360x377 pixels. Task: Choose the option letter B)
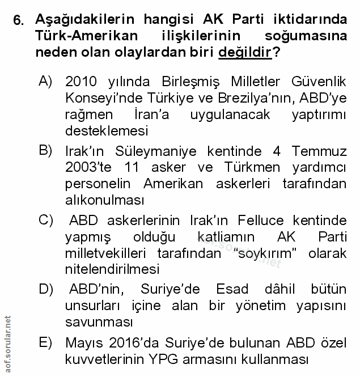46,150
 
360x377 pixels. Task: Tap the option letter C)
46,219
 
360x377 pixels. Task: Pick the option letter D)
46,288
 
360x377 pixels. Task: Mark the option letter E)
46,342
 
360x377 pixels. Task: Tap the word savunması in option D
99,323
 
